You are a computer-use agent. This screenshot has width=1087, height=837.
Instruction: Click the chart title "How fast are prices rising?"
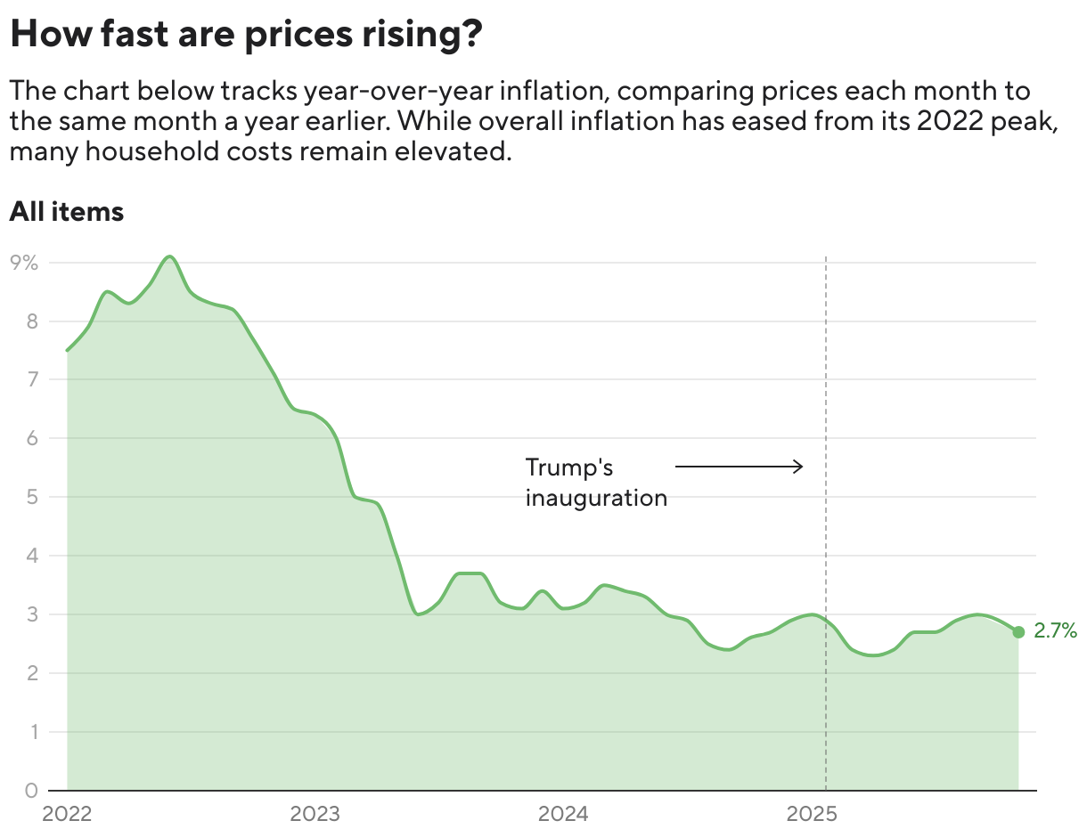click(246, 36)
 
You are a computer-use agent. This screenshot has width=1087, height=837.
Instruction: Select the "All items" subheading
click(66, 212)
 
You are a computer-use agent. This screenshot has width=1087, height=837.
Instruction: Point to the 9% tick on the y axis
click(25, 263)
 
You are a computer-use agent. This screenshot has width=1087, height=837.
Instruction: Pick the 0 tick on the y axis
click(30, 790)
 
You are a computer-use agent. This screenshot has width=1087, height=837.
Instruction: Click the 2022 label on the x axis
click(67, 814)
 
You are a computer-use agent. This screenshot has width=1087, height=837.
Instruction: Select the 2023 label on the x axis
click(315, 814)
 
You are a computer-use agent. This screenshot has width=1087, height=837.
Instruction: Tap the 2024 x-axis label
click(562, 814)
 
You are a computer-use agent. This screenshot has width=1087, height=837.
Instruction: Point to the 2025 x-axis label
click(811, 814)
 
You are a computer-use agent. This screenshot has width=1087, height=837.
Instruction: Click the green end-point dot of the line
click(1018, 631)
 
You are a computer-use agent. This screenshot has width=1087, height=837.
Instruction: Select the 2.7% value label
click(1056, 631)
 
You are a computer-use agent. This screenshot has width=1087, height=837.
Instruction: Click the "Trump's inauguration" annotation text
click(595, 482)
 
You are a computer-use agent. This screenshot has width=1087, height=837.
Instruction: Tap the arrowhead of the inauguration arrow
click(800, 466)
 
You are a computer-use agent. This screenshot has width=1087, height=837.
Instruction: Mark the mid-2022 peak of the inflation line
click(169, 256)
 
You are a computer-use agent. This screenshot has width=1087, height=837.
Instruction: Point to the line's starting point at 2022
click(68, 351)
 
